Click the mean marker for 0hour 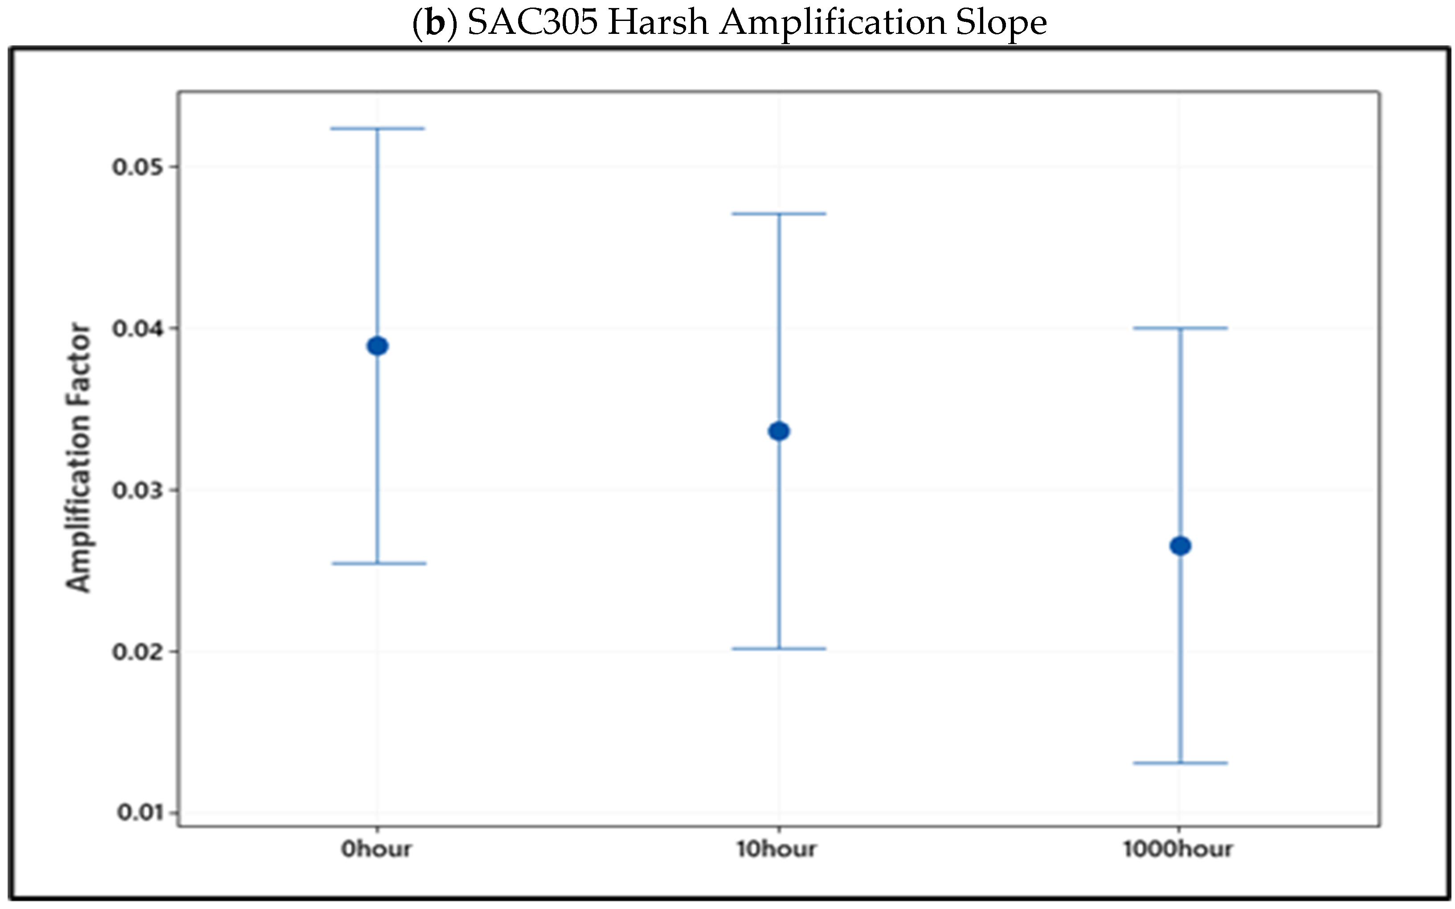tap(377, 346)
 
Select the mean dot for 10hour tap(779, 431)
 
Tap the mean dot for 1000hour tap(1180, 546)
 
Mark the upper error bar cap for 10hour tap(779, 213)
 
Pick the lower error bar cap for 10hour tap(779, 649)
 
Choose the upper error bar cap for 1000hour tap(1180, 328)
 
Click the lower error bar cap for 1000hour tap(1180, 763)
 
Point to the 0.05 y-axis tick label tap(137, 167)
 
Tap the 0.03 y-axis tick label tap(137, 490)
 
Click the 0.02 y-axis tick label tap(137, 652)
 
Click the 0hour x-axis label tap(376, 849)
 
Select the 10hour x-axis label tap(777, 849)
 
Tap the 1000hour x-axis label tap(1178, 849)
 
